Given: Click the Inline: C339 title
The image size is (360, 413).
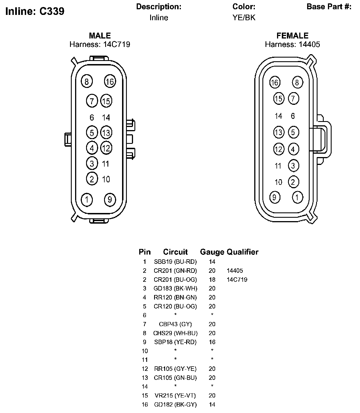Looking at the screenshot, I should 35,11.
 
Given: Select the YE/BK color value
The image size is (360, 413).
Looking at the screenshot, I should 244,18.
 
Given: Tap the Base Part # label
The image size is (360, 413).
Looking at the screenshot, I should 329,7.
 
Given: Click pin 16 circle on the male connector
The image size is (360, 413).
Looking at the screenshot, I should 110,81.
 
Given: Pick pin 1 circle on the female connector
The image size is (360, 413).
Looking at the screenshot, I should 297,197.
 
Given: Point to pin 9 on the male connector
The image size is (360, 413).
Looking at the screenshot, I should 110,199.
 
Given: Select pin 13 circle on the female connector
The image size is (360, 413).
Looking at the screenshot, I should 278,132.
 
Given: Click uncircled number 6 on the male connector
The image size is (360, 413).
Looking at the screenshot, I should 92,117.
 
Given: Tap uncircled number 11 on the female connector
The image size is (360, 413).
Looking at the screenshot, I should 278,166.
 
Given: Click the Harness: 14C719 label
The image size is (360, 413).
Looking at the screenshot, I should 100,44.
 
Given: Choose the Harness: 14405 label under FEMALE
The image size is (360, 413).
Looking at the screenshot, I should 292,44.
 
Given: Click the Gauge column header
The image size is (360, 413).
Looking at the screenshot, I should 212,252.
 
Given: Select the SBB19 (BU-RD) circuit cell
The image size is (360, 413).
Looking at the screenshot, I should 175,262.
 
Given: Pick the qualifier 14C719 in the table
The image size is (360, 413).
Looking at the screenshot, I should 237,280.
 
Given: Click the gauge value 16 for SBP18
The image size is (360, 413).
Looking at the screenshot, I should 212,342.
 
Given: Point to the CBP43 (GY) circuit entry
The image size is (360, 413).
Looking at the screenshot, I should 175,324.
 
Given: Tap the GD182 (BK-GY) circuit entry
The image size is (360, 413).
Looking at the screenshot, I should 175,405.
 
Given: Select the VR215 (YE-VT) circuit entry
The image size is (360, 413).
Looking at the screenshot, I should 175,396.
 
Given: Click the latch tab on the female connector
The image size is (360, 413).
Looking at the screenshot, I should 321,140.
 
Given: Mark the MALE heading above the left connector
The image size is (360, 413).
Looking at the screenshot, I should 100,36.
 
